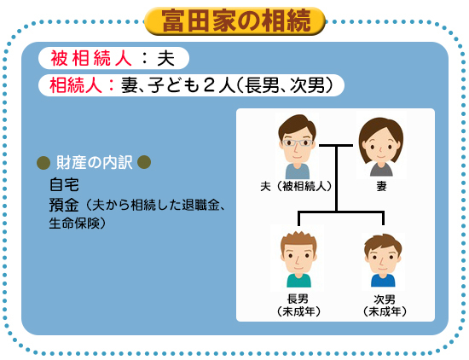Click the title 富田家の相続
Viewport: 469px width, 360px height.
(x=236, y=20)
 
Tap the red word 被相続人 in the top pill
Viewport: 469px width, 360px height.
(x=91, y=58)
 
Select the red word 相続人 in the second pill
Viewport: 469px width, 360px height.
(x=76, y=85)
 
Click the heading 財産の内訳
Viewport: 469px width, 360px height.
(x=94, y=162)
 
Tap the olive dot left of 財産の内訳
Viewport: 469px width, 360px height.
(x=43, y=162)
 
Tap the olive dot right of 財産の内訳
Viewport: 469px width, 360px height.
(x=144, y=162)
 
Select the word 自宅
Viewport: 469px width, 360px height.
(x=64, y=184)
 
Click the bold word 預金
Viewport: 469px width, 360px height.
(x=64, y=206)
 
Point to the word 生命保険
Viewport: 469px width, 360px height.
(x=74, y=223)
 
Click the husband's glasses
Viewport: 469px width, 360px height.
(x=298, y=142)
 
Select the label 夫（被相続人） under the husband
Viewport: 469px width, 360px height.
(x=296, y=187)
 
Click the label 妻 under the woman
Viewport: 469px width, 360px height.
(x=381, y=187)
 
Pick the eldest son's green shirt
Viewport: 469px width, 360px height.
(x=298, y=281)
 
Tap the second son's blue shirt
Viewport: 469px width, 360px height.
(x=383, y=281)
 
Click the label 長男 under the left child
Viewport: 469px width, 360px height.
(x=298, y=299)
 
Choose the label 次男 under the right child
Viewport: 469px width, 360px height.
(x=385, y=299)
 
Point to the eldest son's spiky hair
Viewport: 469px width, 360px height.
(x=298, y=241)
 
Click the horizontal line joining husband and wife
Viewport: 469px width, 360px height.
(x=336, y=146)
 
